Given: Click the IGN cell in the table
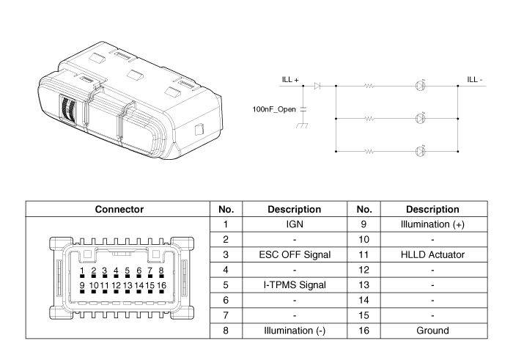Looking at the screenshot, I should coord(295,224).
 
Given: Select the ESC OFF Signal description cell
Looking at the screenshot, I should coord(295,254).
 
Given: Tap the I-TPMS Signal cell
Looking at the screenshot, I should coord(295,284).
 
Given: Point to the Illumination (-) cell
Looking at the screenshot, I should coord(295,331).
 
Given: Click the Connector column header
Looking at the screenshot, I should coord(119,209).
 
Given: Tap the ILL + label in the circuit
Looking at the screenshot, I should coord(291,79).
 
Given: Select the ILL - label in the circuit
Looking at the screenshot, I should coord(475,79).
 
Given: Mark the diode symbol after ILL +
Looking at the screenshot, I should coord(317,86).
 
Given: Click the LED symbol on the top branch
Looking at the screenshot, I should coord(420,86).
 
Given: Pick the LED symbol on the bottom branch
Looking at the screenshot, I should coord(420,152).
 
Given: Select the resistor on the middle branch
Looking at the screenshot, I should coord(369,118).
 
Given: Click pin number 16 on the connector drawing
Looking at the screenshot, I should coord(161,284).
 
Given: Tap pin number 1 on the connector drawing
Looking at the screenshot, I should coord(83,271).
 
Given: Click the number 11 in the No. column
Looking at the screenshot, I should coord(364,254).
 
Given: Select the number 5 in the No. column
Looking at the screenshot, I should coord(226,284).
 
